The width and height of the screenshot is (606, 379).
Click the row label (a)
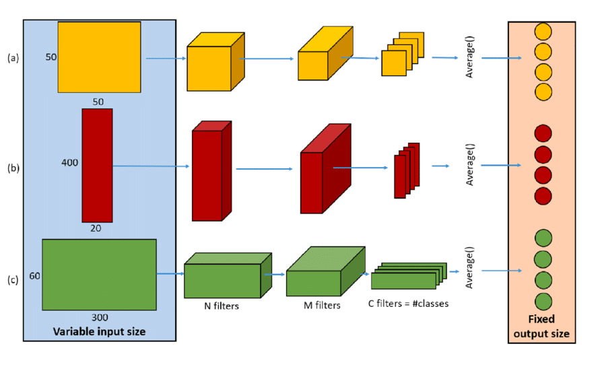coord(13,58)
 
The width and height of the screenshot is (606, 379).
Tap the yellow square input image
coord(99,57)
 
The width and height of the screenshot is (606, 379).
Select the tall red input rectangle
coord(97,165)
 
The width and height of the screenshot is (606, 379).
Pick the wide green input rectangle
coord(99,275)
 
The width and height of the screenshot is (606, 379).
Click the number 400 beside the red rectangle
coord(69,163)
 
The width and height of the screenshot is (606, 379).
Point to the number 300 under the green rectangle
coord(100,317)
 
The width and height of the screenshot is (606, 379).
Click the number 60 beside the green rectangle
coord(34,275)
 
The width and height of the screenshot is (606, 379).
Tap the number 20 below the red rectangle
coord(96,228)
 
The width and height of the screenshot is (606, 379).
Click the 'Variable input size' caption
coord(99,331)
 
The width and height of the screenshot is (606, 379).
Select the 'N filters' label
coord(222,306)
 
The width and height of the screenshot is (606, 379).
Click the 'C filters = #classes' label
coord(407,304)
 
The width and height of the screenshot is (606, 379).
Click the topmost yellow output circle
coord(543,31)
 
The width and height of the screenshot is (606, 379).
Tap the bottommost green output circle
coord(543,300)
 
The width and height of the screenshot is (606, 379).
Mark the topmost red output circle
coord(543,133)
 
